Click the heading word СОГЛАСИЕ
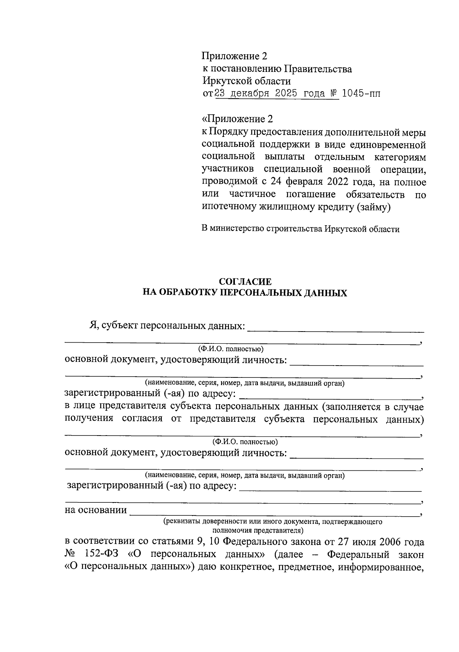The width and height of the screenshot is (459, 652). (245, 282)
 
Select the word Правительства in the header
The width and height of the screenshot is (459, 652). (317, 69)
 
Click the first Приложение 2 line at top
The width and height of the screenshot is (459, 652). (234, 56)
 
